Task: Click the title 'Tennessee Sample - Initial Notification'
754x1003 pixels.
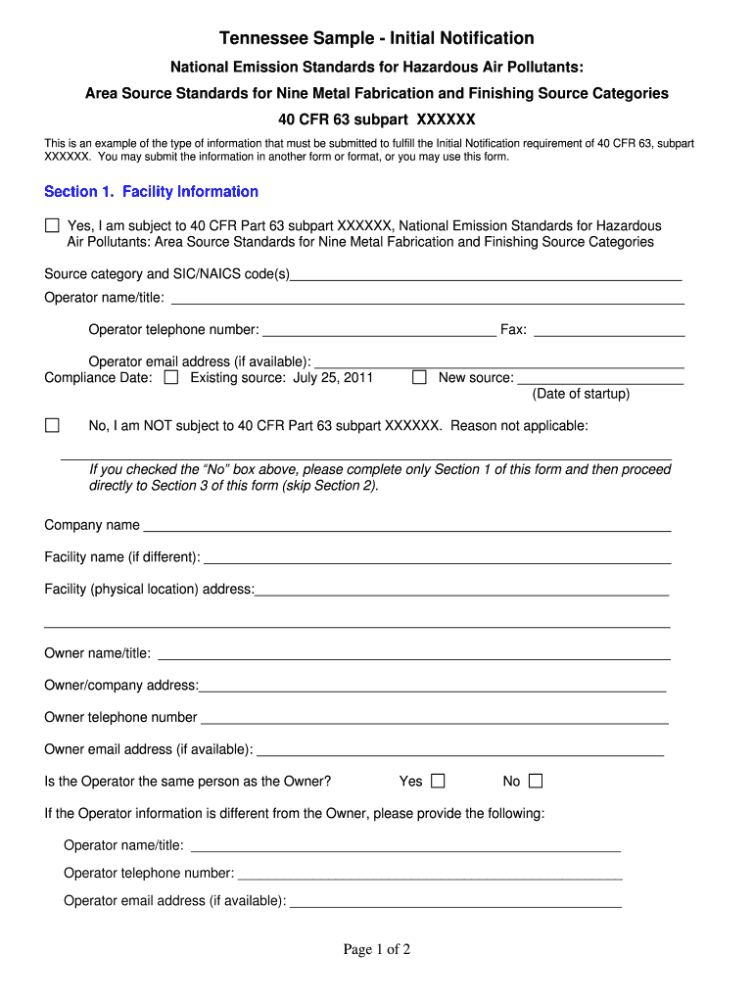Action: tap(376, 38)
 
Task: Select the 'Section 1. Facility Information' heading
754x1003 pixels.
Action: tap(151, 192)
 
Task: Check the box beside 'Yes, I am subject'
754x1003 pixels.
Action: tap(52, 226)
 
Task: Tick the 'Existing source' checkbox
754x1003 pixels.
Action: tap(171, 377)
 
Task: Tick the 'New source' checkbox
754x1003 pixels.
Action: tap(419, 377)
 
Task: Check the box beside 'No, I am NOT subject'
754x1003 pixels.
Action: tap(52, 425)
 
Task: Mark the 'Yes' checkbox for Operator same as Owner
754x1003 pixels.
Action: tap(438, 781)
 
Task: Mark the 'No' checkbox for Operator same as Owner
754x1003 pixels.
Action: tap(535, 781)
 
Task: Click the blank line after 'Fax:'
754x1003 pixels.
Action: tap(608, 330)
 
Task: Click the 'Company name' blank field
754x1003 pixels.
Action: tap(406, 525)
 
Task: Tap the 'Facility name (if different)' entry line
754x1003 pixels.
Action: tap(437, 557)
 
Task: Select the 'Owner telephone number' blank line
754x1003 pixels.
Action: tap(434, 717)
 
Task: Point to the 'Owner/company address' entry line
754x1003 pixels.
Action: tap(433, 686)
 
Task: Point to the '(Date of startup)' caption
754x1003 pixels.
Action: tap(581, 394)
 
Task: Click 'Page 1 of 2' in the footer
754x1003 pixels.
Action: tap(376, 949)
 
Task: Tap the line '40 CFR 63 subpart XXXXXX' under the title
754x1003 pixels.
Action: tap(376, 119)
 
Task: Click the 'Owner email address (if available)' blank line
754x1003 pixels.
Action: tap(459, 749)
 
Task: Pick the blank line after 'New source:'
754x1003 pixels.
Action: tap(599, 378)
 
